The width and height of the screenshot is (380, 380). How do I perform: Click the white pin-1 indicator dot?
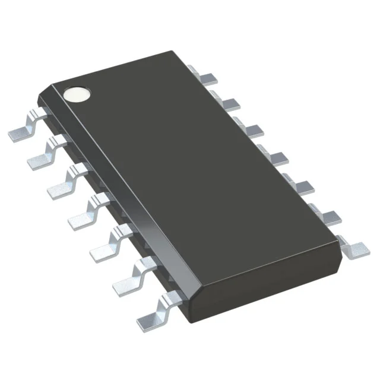[x=78, y=94]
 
